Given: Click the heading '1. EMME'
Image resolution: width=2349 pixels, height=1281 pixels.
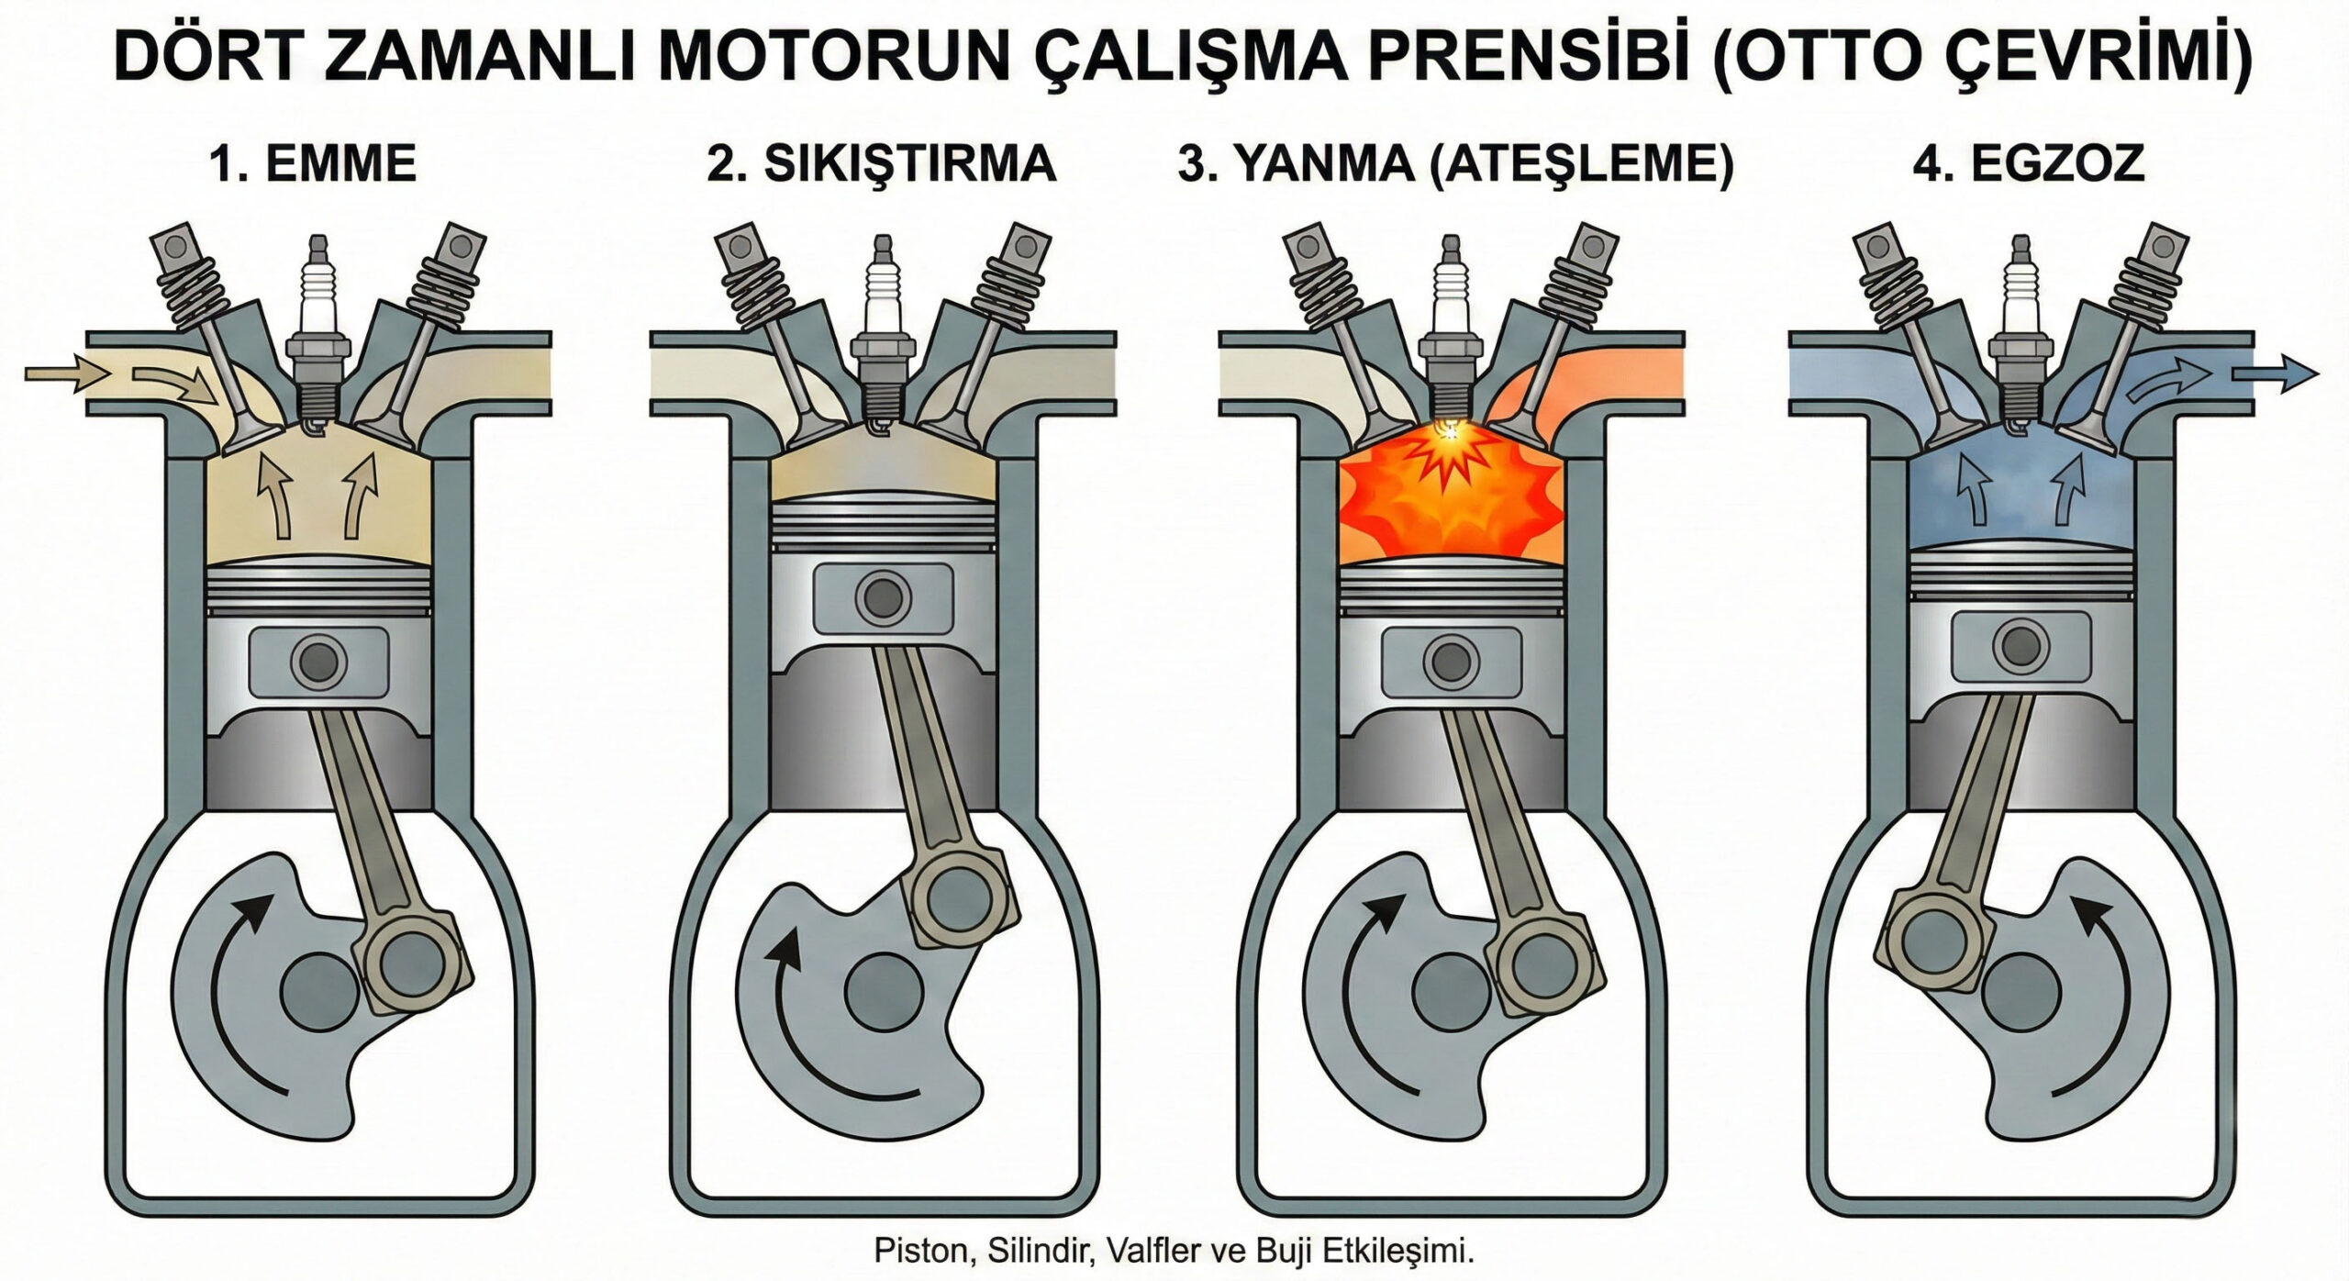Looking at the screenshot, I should point(313,165).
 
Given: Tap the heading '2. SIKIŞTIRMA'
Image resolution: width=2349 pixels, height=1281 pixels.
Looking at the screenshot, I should point(881,165).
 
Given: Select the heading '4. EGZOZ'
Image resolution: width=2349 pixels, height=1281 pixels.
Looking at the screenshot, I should point(2028,165).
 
